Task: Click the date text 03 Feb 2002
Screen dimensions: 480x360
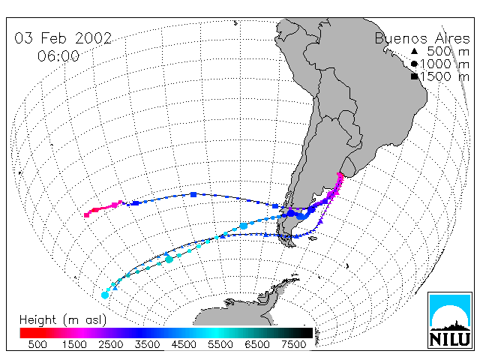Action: click(63, 38)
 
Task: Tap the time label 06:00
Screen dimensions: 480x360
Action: click(58, 56)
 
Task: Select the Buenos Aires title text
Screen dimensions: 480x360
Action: click(422, 38)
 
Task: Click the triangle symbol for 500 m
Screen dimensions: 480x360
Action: click(414, 51)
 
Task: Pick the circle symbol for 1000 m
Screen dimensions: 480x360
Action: click(414, 64)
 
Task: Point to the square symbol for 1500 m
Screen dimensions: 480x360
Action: click(414, 76)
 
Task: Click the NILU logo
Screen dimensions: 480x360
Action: click(450, 320)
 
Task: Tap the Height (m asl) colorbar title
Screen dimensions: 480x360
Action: click(63, 320)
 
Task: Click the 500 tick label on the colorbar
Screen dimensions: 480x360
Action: click(37, 344)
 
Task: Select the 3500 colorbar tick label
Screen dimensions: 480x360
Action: click(147, 344)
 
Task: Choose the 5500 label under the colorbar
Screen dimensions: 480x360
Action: click(220, 344)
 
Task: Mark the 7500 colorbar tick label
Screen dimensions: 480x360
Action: click(293, 344)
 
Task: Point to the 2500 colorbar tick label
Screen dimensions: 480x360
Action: click(110, 344)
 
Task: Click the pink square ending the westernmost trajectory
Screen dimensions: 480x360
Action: click(87, 215)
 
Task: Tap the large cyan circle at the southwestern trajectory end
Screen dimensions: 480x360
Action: click(105, 295)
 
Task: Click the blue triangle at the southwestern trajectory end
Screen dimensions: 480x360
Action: click(115, 288)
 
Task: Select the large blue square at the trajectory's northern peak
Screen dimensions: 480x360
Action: click(193, 194)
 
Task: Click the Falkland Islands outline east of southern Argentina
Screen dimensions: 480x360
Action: click(313, 238)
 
